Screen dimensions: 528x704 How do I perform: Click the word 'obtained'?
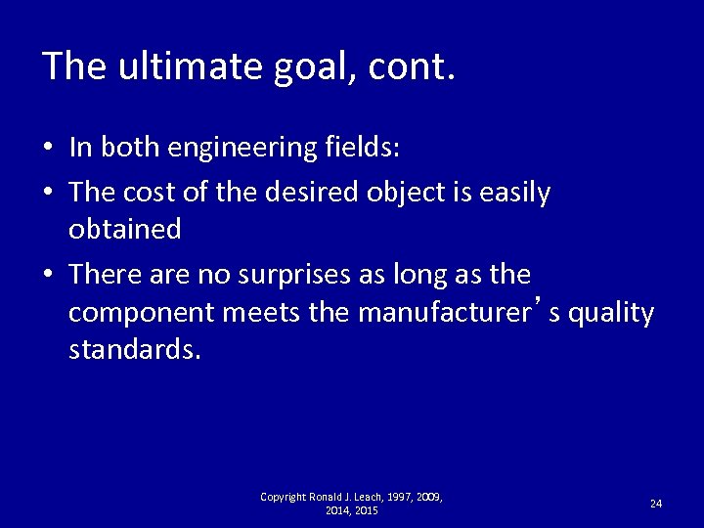coord(124,229)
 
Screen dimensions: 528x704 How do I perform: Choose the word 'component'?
coord(141,313)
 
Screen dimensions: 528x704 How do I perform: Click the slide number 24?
coord(655,503)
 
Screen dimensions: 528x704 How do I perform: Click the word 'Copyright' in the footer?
coord(284,497)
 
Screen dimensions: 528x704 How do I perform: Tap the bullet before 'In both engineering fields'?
coord(48,149)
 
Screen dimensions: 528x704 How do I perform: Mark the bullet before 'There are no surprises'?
coord(48,274)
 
